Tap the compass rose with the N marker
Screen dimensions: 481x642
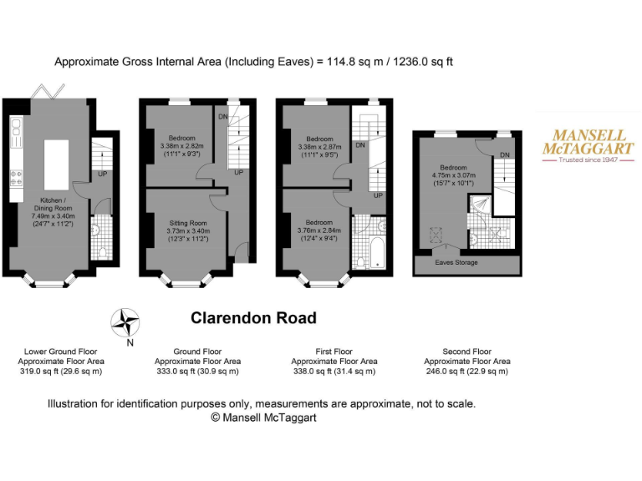pyautogui.click(x=127, y=322)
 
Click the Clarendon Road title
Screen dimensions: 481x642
pyautogui.click(x=253, y=318)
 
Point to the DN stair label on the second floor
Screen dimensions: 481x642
pyautogui.click(x=504, y=154)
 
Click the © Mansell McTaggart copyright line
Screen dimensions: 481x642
pyautogui.click(x=261, y=417)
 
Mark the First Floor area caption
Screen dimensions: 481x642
pyautogui.click(x=334, y=362)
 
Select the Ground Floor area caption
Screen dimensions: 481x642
pyautogui.click(x=197, y=362)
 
